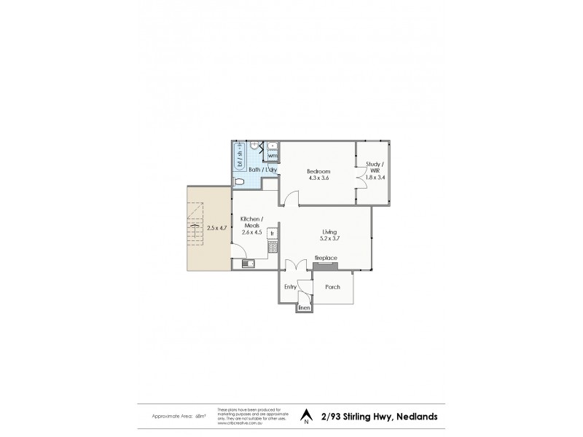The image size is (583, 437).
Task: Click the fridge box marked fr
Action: pyautogui.click(x=272, y=234)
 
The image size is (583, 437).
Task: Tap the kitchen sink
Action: pyautogui.click(x=248, y=264)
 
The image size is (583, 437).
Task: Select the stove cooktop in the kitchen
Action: pyautogui.click(x=272, y=248)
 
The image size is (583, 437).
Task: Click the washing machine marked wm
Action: pyautogui.click(x=272, y=156)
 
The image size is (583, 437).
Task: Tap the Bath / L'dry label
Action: pyautogui.click(x=262, y=170)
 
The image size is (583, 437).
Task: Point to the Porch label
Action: pyautogui.click(x=332, y=287)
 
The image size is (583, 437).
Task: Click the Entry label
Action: pyautogui.click(x=290, y=287)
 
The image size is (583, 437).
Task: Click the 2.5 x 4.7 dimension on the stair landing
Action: pyautogui.click(x=216, y=228)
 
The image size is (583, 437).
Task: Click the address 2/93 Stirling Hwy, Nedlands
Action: pyautogui.click(x=379, y=417)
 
